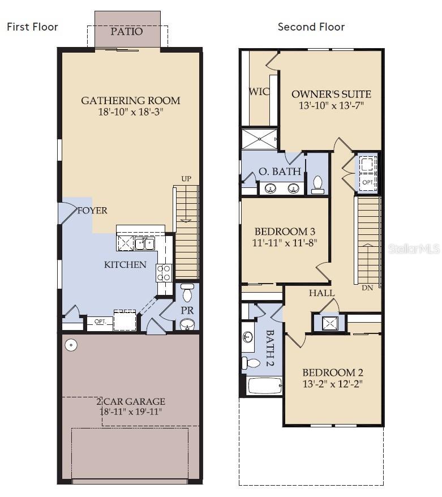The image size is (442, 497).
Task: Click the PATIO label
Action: [x=127, y=31]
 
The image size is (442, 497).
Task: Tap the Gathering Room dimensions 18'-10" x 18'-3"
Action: [x=131, y=112]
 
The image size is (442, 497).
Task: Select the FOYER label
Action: [x=92, y=211]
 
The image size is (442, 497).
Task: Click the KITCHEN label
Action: [x=125, y=264]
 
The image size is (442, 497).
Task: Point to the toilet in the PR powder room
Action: [x=187, y=294]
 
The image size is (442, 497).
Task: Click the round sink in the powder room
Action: [x=187, y=324]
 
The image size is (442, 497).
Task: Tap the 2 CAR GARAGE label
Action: [x=130, y=401]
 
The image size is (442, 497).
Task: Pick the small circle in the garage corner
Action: [x=71, y=345]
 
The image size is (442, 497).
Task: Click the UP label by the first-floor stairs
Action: [x=186, y=179]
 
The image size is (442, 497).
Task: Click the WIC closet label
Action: [x=259, y=92]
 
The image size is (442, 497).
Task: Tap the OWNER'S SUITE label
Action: [x=331, y=94]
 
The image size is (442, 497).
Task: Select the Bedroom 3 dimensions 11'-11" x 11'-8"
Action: [x=285, y=242]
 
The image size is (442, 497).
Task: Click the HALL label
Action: [x=321, y=293]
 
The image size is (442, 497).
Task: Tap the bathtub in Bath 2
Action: [x=265, y=386]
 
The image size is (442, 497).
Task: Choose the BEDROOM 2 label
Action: [x=332, y=372]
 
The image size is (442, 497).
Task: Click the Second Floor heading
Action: [x=311, y=27]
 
